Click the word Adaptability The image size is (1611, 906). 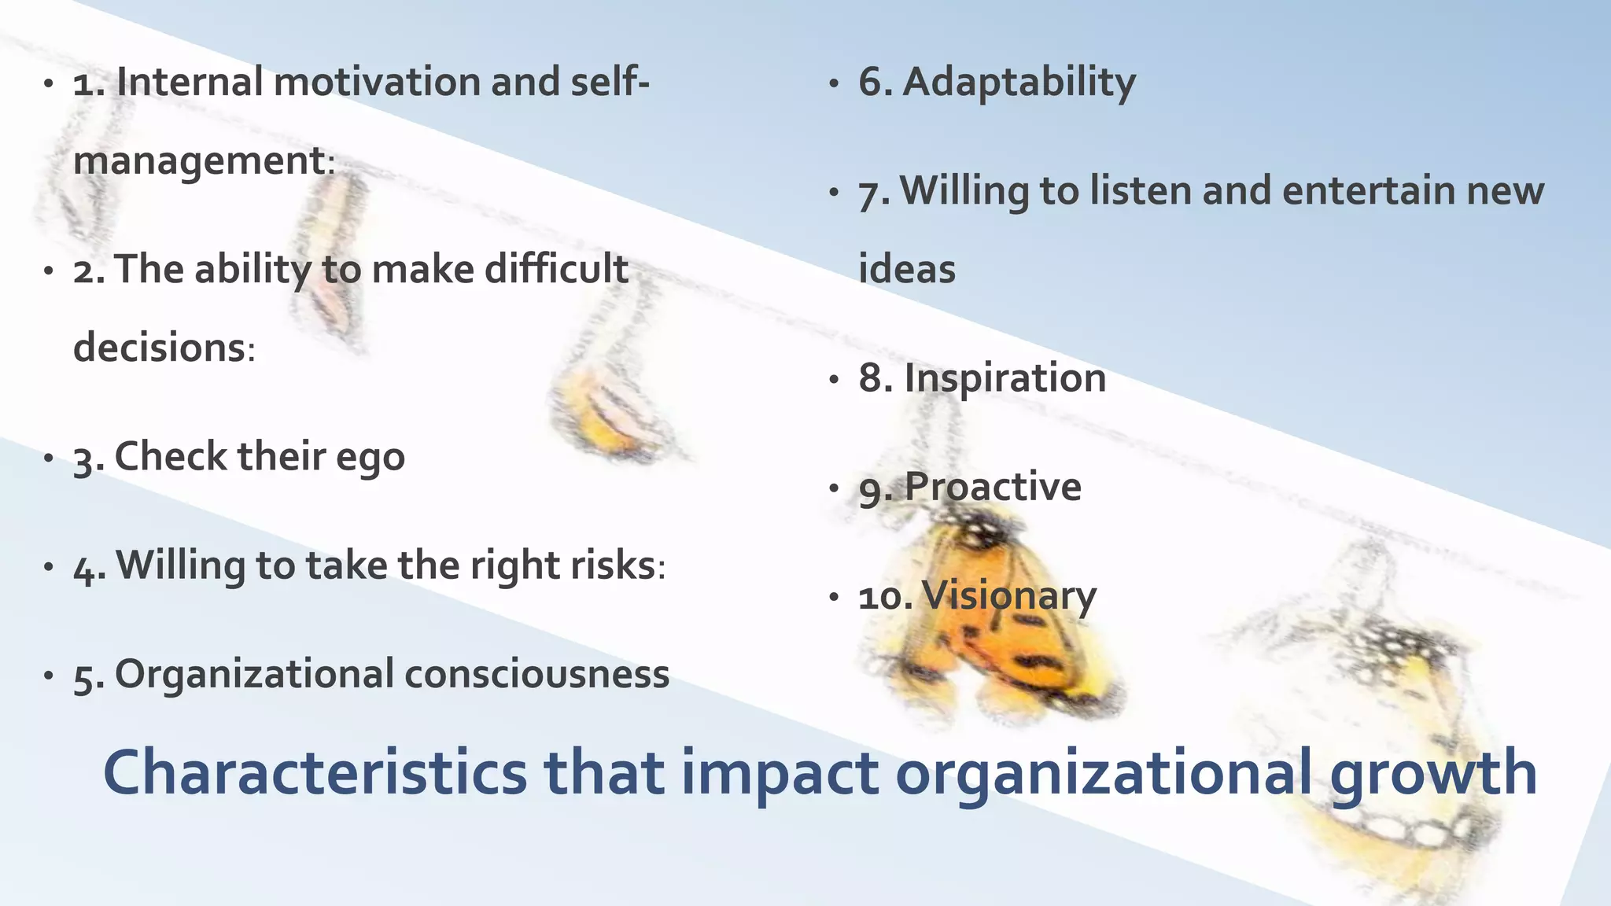tap(1019, 83)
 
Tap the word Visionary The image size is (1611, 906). tap(1009, 596)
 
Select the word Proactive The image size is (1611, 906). tap(993, 487)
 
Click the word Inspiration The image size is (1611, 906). tap(1005, 378)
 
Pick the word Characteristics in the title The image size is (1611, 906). tap(315, 773)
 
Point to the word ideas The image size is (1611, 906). tap(906, 269)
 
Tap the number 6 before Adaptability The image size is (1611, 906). tap(872, 83)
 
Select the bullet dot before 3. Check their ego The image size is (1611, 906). tap(49, 458)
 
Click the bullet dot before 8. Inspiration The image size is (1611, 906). tap(835, 380)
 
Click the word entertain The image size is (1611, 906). tap(1368, 191)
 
